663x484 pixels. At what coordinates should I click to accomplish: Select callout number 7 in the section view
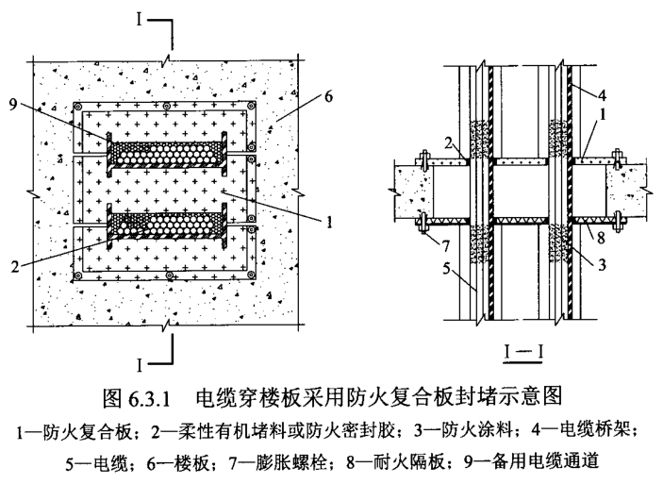[404, 247]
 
